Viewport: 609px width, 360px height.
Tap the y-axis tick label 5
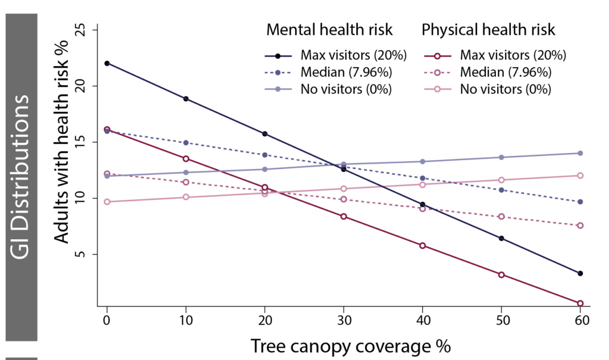coord(79,254)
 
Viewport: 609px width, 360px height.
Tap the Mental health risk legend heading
coord(329,29)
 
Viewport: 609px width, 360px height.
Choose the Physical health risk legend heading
coord(488,29)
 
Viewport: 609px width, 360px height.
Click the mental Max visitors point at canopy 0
coord(107,63)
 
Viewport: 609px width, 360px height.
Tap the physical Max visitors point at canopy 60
coord(580,303)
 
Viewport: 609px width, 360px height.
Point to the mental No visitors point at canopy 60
coord(580,153)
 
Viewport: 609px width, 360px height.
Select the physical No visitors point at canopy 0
coord(107,202)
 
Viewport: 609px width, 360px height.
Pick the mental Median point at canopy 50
coord(501,190)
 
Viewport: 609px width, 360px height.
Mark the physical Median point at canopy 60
coord(580,226)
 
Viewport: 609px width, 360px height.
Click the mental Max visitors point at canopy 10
coord(186,99)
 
